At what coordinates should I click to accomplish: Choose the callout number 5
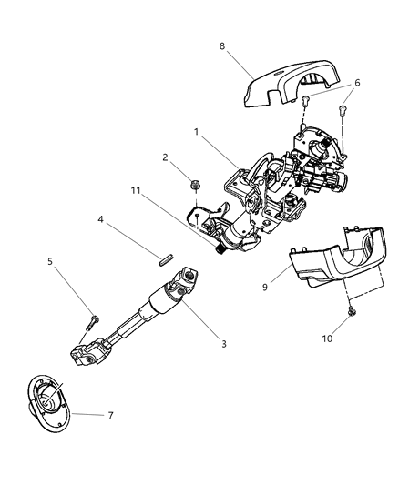coord(50,262)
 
